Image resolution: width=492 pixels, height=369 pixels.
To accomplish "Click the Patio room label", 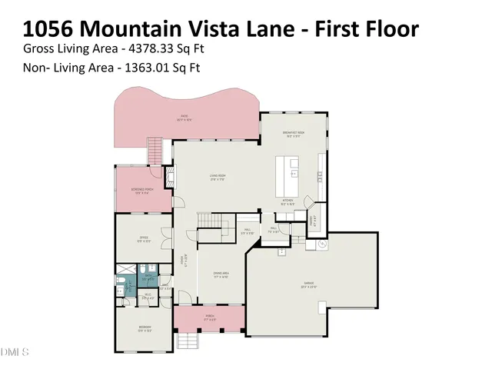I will pos(184,118).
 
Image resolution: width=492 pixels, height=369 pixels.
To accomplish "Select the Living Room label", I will pos(218,178).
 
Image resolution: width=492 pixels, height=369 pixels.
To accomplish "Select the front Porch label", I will pos(207,317).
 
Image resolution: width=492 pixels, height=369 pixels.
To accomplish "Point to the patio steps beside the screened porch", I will pos(156,151).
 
